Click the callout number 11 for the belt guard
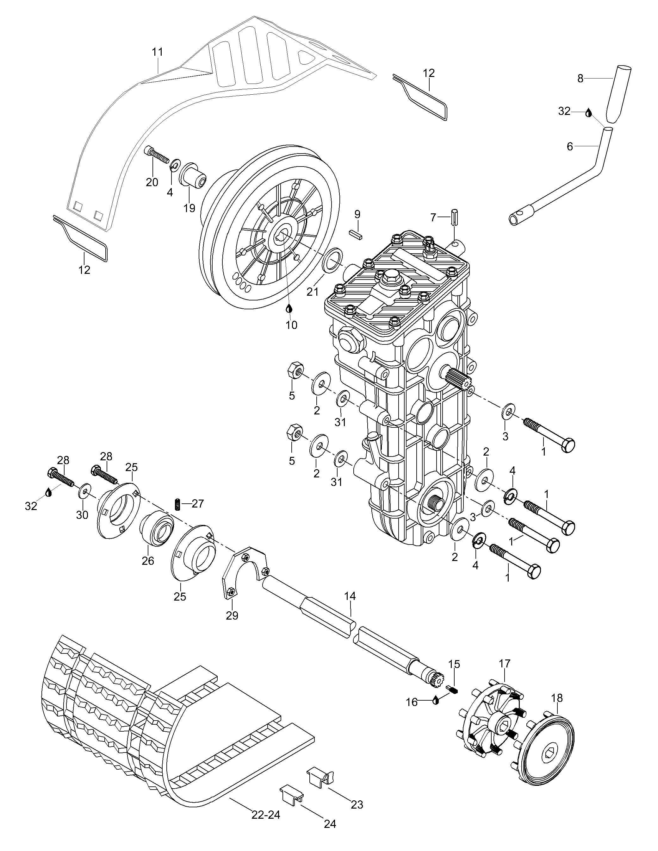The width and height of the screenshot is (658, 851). (157, 52)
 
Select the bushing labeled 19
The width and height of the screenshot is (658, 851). (193, 176)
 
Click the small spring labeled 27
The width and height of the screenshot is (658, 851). (178, 504)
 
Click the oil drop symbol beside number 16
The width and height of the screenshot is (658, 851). (436, 701)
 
